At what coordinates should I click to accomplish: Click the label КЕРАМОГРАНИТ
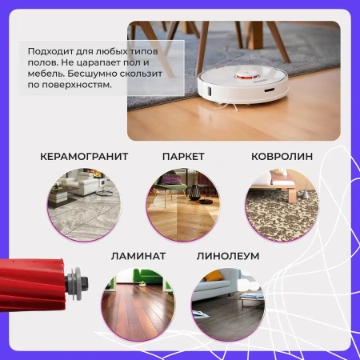click(x=84, y=157)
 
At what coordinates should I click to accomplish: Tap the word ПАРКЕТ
click(x=183, y=157)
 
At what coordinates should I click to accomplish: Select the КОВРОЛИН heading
click(x=282, y=157)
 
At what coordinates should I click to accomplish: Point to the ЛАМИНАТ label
click(x=138, y=256)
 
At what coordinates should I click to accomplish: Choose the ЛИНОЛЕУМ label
click(x=228, y=256)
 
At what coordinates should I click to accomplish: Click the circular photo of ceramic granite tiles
click(x=84, y=205)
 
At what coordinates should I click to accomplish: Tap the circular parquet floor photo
click(x=183, y=205)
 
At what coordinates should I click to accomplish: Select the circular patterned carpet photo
click(x=282, y=205)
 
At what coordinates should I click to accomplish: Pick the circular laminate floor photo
click(x=138, y=304)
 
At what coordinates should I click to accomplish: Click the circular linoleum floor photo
click(x=228, y=304)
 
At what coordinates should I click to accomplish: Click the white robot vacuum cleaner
click(x=242, y=86)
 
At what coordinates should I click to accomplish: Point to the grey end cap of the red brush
click(x=78, y=284)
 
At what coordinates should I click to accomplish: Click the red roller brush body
click(x=32, y=284)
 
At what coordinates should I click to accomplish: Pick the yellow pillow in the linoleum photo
click(x=214, y=275)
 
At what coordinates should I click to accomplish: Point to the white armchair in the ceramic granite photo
click(x=83, y=182)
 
